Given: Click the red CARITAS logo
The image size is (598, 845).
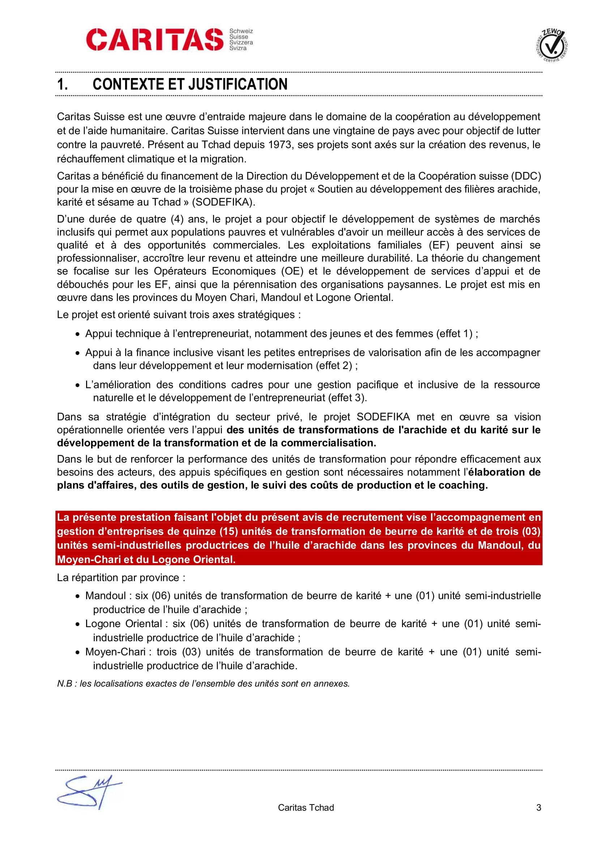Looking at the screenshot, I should coord(155,39).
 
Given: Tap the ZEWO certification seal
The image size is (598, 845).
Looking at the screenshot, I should coord(552,45).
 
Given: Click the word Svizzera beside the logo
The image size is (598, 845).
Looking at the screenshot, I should coord(241,42).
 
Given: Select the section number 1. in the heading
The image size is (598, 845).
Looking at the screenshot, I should coord(62,84).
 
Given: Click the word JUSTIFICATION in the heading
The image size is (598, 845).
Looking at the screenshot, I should coord(239,84).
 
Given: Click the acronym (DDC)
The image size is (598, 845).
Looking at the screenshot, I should coord(525,176).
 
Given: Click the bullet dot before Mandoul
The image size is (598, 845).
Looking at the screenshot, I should coord(77,596).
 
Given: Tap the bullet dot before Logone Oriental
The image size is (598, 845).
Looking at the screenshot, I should coord(77,624).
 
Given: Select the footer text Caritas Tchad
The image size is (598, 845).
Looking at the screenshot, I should coord(306,807).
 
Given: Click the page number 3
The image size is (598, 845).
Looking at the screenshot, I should coord(538,807).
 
